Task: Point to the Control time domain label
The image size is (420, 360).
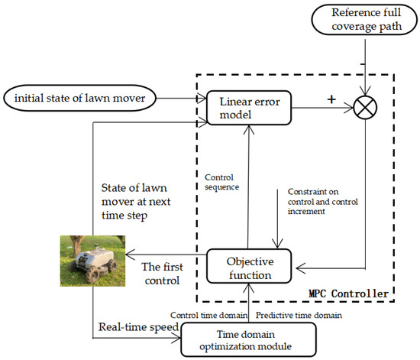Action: pyautogui.click(x=210, y=313)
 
